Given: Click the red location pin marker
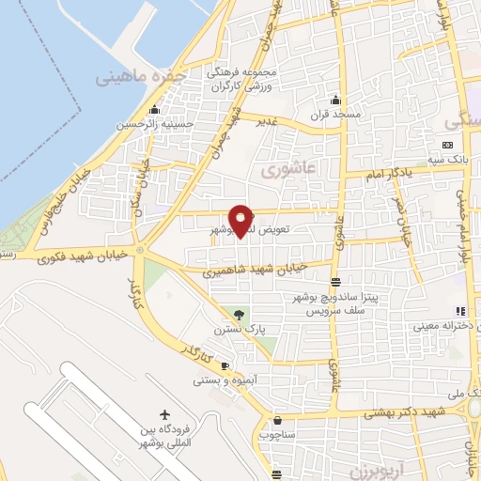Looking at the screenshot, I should click(x=242, y=219).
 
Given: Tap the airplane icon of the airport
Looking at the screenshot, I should click(x=166, y=415).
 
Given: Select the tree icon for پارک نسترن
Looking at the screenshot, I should click(x=238, y=314).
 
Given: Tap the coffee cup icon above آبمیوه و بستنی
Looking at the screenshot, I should click(x=225, y=365).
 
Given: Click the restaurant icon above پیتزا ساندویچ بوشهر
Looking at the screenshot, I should click(x=335, y=282).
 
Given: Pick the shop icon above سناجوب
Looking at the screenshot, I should click(x=277, y=420).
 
